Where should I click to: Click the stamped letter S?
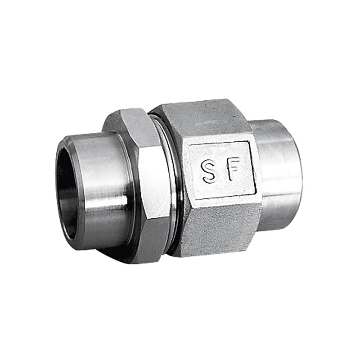pos(209,171)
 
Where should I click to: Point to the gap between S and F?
pos(220,170)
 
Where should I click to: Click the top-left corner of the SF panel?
pos(189,148)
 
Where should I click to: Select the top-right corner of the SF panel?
pos(249,141)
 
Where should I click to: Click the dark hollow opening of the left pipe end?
pos(66,189)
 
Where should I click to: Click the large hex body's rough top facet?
pos(202,119)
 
